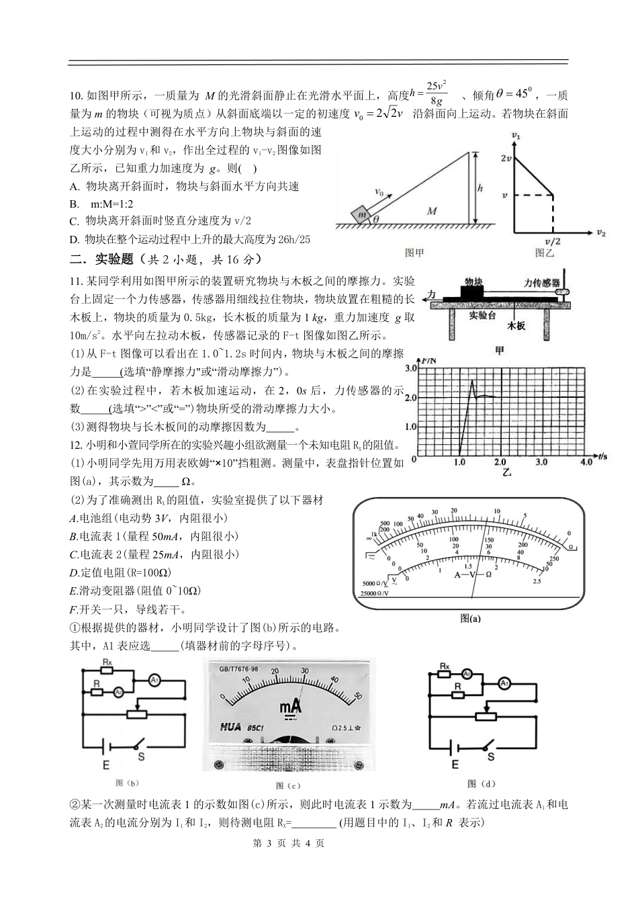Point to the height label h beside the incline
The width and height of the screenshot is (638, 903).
[480, 189]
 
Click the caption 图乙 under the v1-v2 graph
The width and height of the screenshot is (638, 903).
[545, 253]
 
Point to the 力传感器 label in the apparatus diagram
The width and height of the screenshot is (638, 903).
[541, 284]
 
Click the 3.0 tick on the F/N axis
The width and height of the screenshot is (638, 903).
[410, 368]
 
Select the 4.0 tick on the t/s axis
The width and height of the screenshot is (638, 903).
[586, 463]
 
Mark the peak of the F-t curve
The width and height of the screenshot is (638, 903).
[472, 381]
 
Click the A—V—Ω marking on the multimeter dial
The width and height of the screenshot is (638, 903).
[473, 574]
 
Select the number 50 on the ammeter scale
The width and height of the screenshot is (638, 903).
[358, 695]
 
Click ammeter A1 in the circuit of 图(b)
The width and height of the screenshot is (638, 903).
[154, 681]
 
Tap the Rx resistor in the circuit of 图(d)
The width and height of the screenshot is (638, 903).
[444, 667]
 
